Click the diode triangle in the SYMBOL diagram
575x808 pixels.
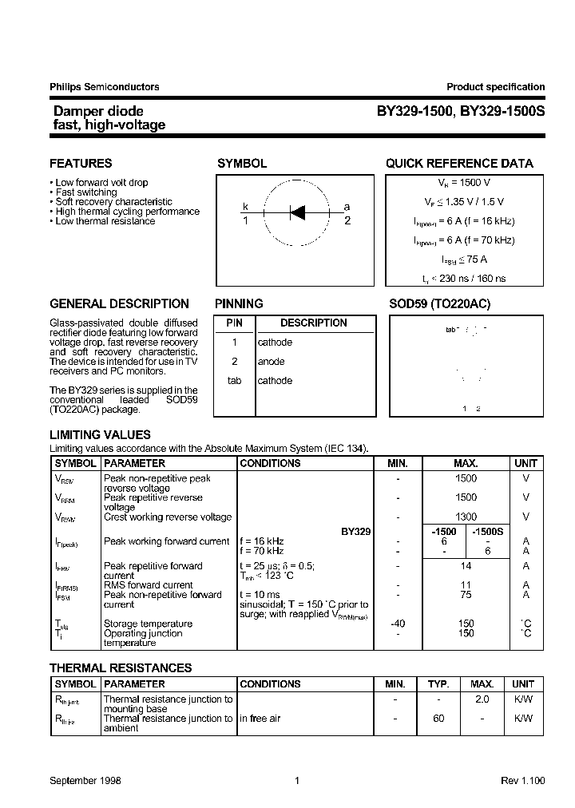pyautogui.click(x=297, y=212)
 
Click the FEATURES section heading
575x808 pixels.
pyautogui.click(x=81, y=164)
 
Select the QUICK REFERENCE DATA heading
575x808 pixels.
pyautogui.click(x=459, y=164)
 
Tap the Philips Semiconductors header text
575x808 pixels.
pyautogui.click(x=105, y=87)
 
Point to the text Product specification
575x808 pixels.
pyautogui.click(x=495, y=87)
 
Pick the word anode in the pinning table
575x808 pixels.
pyautogui.click(x=271, y=362)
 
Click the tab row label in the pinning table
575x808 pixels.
pyautogui.click(x=234, y=381)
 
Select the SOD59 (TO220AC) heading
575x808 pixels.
pyautogui.click(x=439, y=304)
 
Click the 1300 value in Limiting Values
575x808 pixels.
pyautogui.click(x=466, y=517)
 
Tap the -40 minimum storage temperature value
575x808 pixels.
pyautogui.click(x=398, y=624)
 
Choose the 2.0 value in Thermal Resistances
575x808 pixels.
pyautogui.click(x=482, y=699)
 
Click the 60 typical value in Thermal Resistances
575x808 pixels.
pyautogui.click(x=438, y=719)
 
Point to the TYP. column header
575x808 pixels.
pyautogui.click(x=438, y=684)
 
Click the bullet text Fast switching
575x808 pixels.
pyautogui.click(x=86, y=192)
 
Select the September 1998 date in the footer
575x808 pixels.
pyautogui.click(x=85, y=781)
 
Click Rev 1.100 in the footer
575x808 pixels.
pyautogui.click(x=522, y=781)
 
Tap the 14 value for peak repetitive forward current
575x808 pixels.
pyautogui.click(x=466, y=566)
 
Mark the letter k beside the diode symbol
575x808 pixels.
pyautogui.click(x=246, y=207)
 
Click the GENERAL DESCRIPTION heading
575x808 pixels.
pyautogui.click(x=119, y=304)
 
